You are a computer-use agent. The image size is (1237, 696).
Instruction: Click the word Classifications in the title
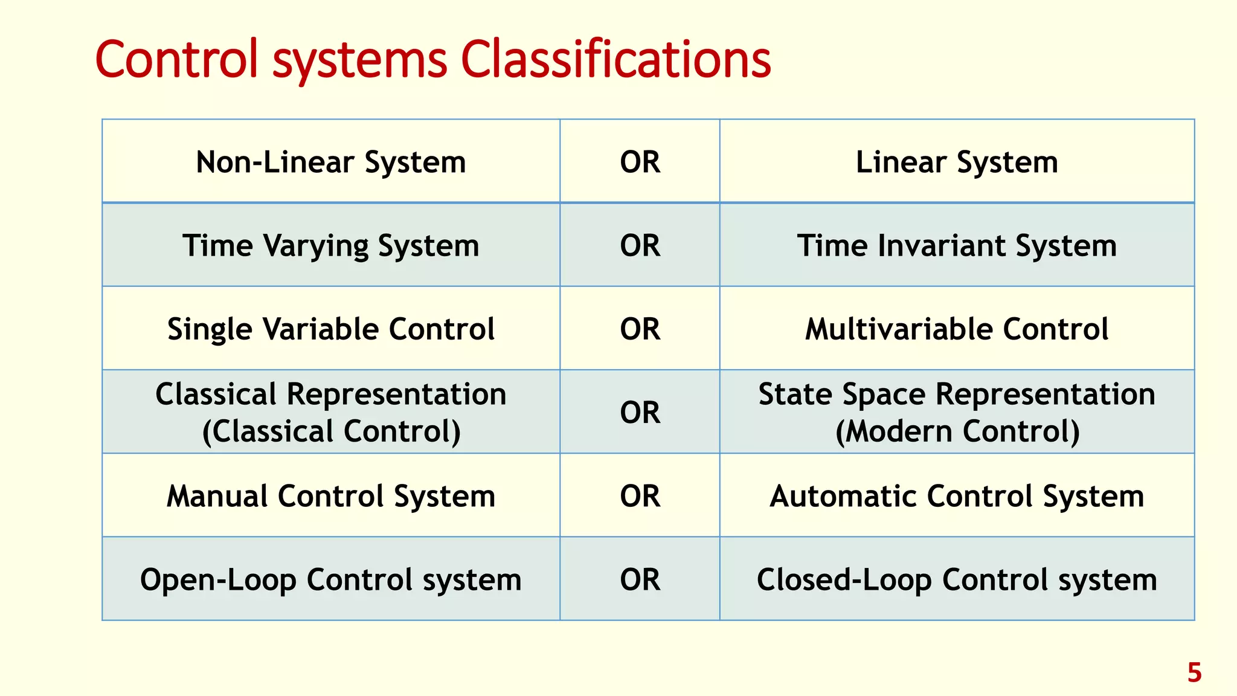(615, 60)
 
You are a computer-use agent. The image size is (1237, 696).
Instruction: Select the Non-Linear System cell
(331, 162)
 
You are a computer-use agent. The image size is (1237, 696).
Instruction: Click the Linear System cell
(957, 162)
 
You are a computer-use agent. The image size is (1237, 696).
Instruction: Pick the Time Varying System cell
(331, 245)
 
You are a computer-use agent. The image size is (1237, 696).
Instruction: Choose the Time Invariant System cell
(957, 245)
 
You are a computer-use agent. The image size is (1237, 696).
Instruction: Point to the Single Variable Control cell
(331, 329)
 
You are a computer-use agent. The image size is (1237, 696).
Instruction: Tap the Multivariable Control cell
(957, 329)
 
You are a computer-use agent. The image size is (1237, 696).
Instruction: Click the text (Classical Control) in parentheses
(331, 431)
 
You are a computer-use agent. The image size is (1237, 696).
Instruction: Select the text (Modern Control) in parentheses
(957, 431)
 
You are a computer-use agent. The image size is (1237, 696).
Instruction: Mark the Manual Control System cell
(331, 496)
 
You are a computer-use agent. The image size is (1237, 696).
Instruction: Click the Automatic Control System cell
(957, 496)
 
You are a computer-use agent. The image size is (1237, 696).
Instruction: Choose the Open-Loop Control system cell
(331, 579)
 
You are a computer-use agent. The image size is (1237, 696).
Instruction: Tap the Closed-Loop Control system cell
(957, 579)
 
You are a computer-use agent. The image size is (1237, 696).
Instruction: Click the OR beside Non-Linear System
(640, 162)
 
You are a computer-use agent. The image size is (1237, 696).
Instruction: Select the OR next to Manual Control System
(640, 496)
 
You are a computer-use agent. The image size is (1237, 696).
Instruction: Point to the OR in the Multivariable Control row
(640, 329)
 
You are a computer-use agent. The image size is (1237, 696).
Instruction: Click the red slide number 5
(1194, 672)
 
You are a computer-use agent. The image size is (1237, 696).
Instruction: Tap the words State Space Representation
(957, 394)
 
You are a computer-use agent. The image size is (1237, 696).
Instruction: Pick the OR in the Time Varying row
(640, 245)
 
